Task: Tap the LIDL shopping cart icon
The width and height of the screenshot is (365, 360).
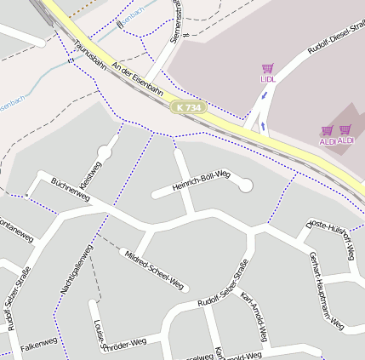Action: coord(268,68)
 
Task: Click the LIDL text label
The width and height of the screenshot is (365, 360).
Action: coord(268,79)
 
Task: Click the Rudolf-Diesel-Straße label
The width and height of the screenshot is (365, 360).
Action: coord(336,40)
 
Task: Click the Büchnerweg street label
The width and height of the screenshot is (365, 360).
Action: coord(71,190)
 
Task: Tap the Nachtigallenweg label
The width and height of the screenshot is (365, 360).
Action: coord(76,271)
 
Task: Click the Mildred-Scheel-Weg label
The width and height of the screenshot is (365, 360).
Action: coord(154,269)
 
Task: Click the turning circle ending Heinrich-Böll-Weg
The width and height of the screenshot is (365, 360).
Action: coord(246,185)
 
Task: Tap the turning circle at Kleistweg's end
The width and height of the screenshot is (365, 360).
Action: coord(105,151)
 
